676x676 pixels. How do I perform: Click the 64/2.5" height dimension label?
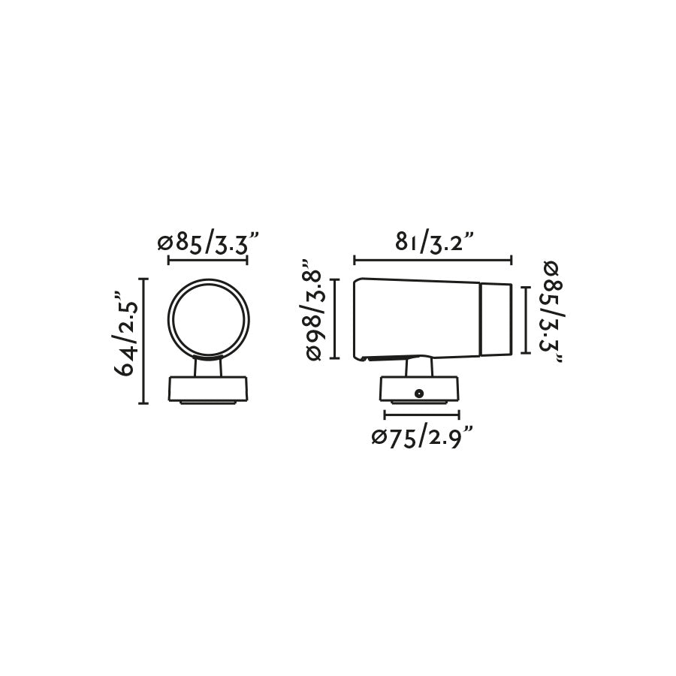tap(128, 339)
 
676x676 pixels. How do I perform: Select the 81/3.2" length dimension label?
tap(435, 243)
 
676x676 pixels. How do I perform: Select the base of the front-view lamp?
tap(208, 390)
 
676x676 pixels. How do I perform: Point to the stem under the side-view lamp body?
tap(419, 367)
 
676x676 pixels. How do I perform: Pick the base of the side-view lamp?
tap(420, 391)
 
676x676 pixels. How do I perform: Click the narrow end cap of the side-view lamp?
tap(496, 318)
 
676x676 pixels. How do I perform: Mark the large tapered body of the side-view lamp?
tap(417, 318)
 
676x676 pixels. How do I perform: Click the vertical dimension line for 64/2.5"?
tap(143, 340)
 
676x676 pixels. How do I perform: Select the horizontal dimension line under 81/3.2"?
tap(433, 261)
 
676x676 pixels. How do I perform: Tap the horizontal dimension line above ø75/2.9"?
tap(421, 414)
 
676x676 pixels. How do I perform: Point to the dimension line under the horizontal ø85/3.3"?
tap(208, 261)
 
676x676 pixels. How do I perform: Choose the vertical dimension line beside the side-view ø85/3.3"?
tap(525, 318)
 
